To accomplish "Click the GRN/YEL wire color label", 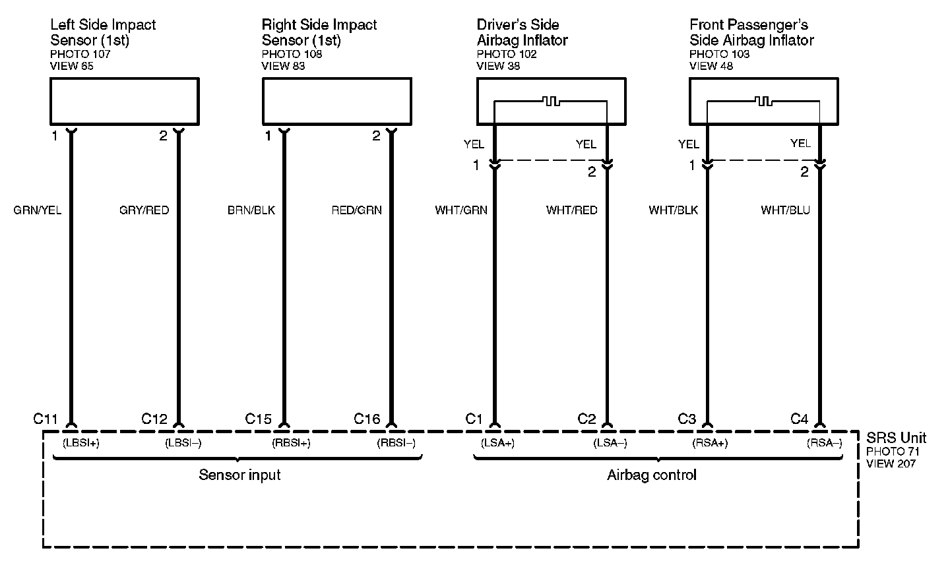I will tap(37, 210).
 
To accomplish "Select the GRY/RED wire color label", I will tap(144, 210).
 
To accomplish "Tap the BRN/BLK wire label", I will tap(251, 210).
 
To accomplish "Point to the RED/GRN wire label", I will tap(356, 210).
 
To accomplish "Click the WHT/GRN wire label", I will tap(461, 210).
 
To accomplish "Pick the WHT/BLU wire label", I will tap(785, 210).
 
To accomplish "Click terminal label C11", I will tap(46, 419).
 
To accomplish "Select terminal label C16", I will tap(367, 419).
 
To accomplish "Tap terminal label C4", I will tap(799, 419).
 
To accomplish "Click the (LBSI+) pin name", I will tap(80, 443).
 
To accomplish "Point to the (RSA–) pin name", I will tap(824, 443).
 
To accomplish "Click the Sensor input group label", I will tap(239, 475).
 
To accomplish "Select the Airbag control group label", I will tap(652, 475).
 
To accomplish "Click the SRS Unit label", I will tap(896, 438).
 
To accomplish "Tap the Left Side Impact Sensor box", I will tap(125, 101).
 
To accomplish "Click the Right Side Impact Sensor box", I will tap(337, 101).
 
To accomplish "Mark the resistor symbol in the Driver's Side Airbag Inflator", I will tap(550, 102).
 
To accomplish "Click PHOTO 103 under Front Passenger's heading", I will tap(720, 54).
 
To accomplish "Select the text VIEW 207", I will tap(891, 463).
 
